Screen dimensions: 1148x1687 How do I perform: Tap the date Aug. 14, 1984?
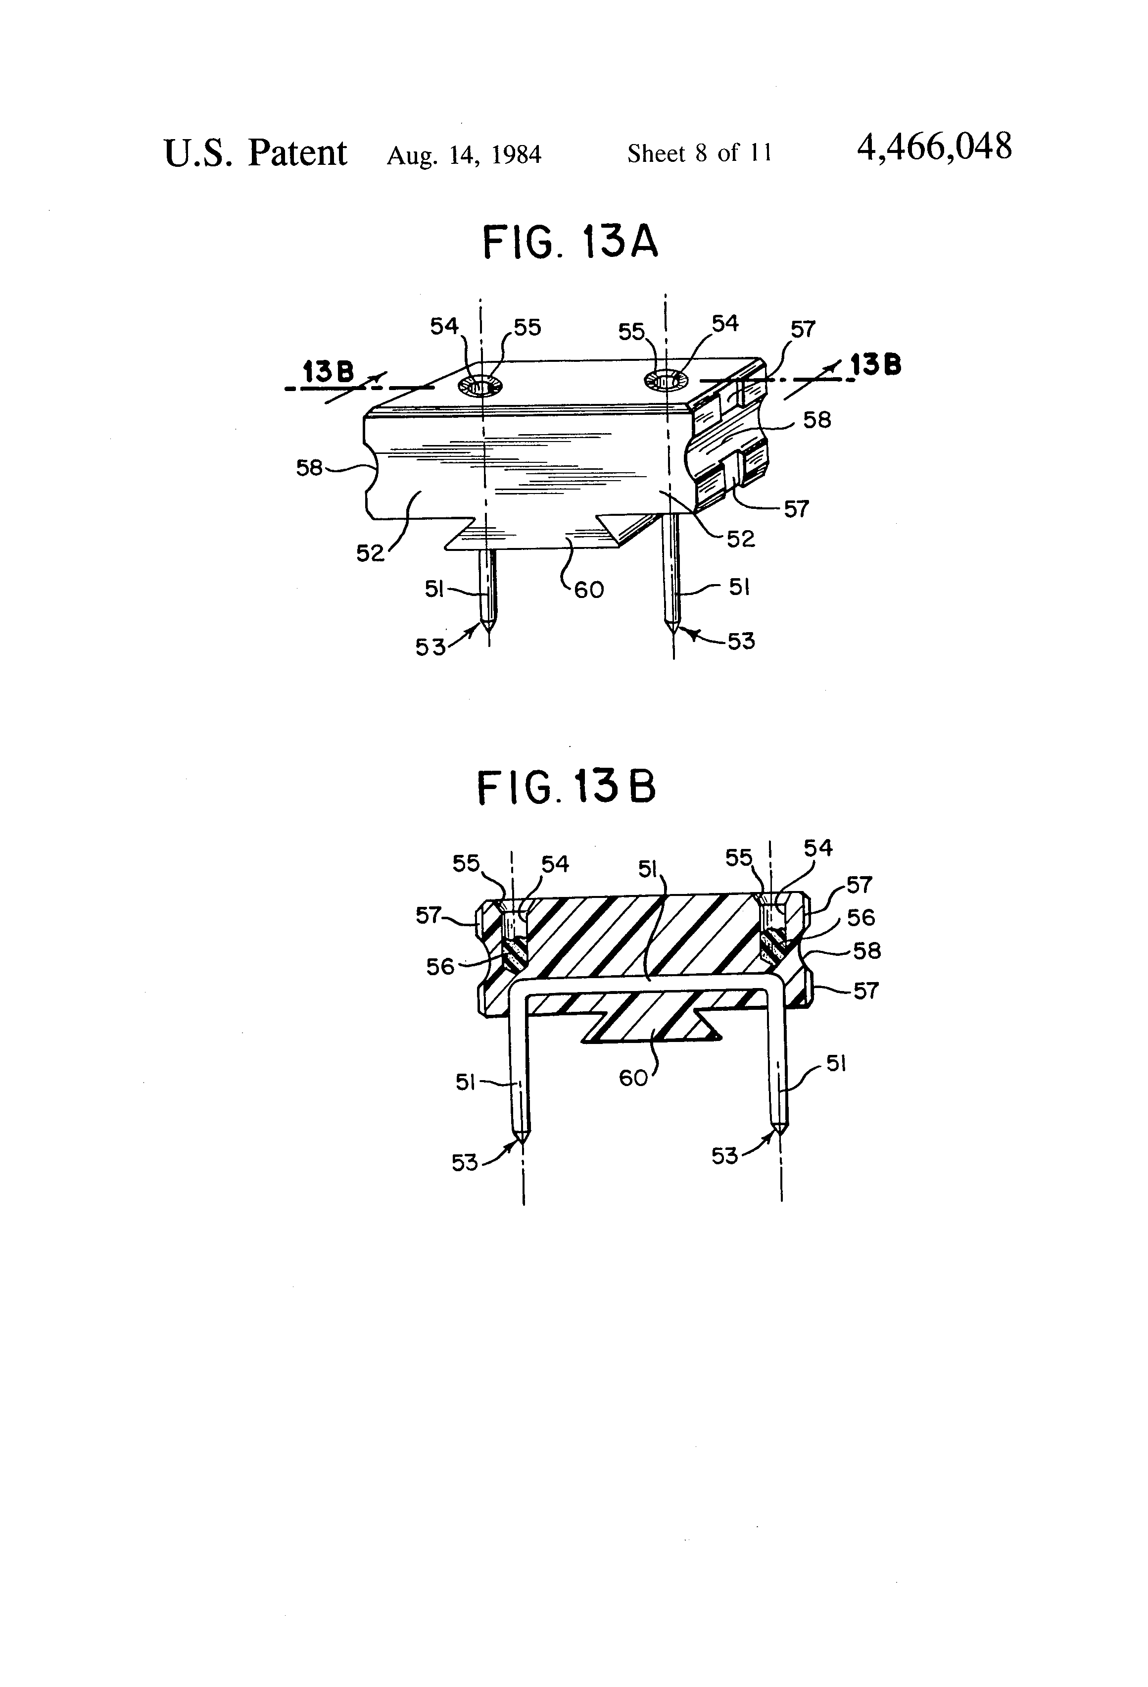pos(464,154)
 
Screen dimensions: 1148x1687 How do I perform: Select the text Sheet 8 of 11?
pos(700,153)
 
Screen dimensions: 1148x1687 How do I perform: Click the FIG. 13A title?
pos(571,243)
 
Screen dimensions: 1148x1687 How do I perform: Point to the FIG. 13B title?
pos(566,788)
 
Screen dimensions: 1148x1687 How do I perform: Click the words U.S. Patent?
pos(255,152)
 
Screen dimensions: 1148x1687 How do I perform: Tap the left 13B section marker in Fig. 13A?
pos(328,372)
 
